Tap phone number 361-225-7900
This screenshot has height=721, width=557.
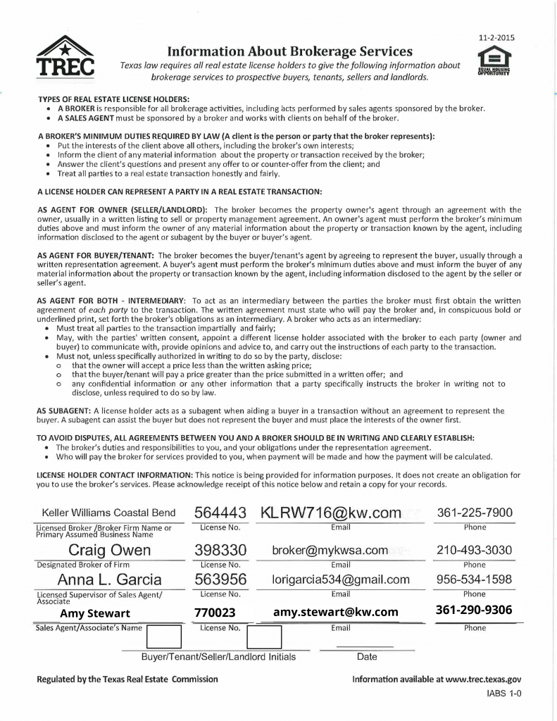pos(475,513)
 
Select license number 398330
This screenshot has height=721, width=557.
pos(219,550)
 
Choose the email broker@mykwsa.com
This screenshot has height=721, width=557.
pos(330,550)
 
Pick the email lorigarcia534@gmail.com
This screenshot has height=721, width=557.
pos(341,579)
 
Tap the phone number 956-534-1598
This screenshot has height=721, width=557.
pos(475,579)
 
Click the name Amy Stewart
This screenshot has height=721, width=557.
pos(95,613)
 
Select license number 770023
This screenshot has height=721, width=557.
pos(215,613)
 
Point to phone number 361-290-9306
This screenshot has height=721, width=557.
pos(475,610)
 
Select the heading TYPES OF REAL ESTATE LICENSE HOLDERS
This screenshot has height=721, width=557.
pos(113,99)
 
